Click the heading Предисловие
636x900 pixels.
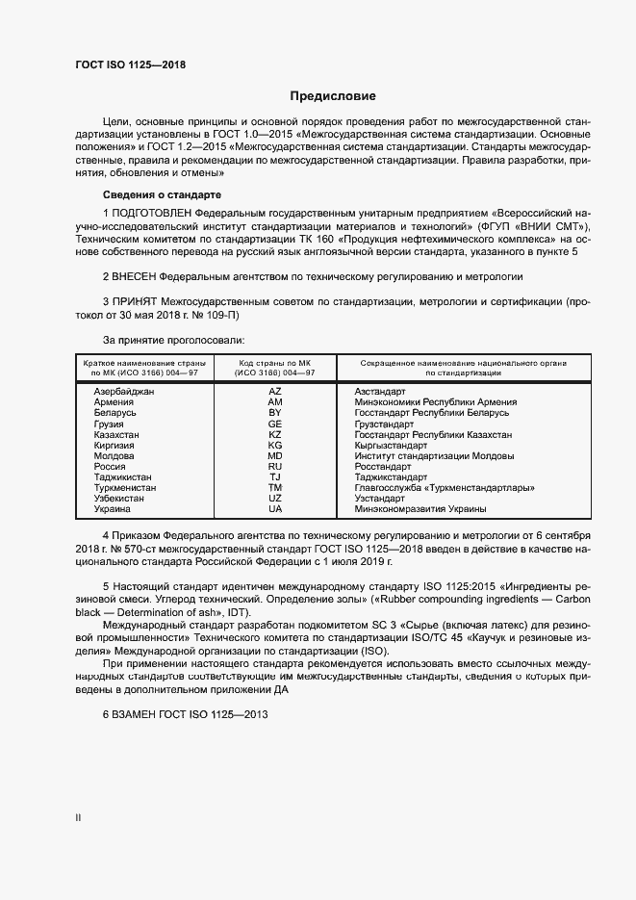(x=333, y=96)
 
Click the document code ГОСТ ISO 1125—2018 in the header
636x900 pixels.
(x=130, y=65)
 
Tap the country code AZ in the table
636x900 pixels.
(x=275, y=392)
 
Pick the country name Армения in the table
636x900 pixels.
(x=114, y=402)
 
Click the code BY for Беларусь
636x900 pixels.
(x=275, y=413)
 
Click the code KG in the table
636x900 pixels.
(x=275, y=445)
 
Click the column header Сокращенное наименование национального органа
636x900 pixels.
(x=463, y=363)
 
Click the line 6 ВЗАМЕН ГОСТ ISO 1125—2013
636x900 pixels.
(x=184, y=715)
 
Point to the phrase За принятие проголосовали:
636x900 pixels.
(x=173, y=340)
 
